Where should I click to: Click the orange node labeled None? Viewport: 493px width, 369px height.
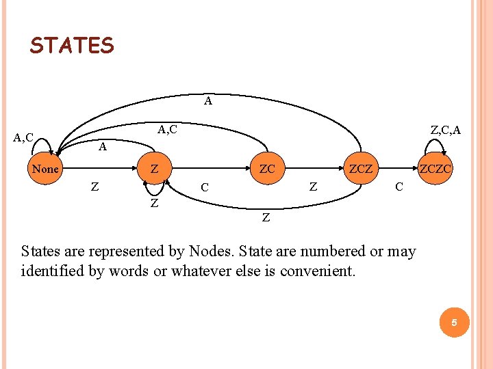pos(46,168)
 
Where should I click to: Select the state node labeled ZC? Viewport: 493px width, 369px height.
pos(266,168)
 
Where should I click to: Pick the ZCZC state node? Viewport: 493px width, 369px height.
pos(436,168)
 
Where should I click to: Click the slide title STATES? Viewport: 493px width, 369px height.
pos(72,46)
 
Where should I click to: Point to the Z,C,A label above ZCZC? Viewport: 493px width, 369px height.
pos(445,130)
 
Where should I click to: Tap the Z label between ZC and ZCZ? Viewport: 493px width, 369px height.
pos(313,185)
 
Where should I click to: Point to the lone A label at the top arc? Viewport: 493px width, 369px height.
pos(208,102)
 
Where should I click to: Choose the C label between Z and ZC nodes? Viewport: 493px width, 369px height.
pos(205,187)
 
